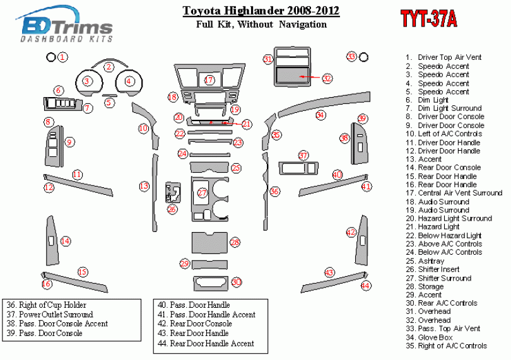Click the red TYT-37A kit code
(428, 19)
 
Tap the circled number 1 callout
(63, 57)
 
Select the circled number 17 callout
(209, 80)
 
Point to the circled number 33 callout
(351, 57)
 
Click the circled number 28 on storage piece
(235, 242)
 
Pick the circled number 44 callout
(365, 286)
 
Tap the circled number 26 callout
(172, 209)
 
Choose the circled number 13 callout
(144, 186)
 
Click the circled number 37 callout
(303, 155)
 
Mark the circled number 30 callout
(237, 282)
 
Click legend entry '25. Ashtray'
(431, 260)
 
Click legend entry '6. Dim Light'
(433, 100)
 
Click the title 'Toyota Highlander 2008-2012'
(261, 11)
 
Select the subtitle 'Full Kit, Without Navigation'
(261, 25)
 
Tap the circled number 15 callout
(82, 272)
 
